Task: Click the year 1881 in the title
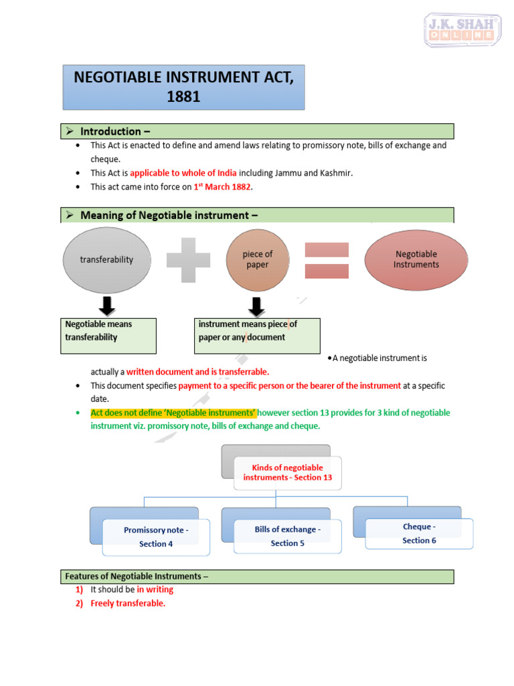click(183, 96)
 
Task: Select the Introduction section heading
click(110, 131)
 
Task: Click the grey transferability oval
click(107, 259)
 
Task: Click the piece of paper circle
click(258, 259)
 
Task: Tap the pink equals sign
click(327, 260)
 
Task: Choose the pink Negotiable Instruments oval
click(416, 259)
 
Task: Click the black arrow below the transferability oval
click(106, 307)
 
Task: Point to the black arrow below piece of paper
click(257, 307)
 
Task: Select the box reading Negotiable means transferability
click(110, 336)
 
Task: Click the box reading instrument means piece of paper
click(257, 336)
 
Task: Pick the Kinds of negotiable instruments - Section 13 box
click(287, 473)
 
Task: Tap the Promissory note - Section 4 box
click(156, 537)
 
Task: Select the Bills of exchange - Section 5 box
click(287, 536)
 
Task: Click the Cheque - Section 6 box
click(419, 533)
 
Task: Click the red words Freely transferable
click(128, 604)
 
